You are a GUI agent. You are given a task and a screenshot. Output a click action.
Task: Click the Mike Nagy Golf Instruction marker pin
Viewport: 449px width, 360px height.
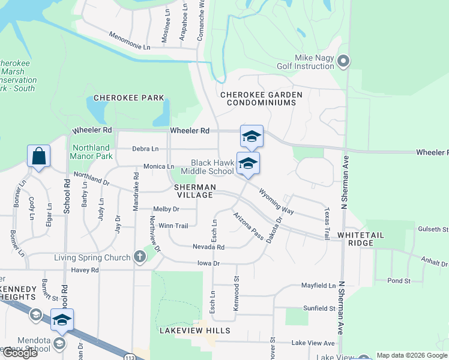pyautogui.click(x=343, y=61)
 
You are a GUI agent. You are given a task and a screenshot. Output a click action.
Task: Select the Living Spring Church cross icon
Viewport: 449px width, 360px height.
pyautogui.click(x=140, y=257)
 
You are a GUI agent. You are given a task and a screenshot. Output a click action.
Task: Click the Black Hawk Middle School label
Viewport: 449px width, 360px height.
pyautogui.click(x=212, y=167)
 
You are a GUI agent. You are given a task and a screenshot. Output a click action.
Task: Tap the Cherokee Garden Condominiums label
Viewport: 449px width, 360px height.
pyautogui.click(x=261, y=98)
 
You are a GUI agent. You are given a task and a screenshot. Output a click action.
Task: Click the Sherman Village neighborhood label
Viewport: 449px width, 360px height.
pyautogui.click(x=193, y=191)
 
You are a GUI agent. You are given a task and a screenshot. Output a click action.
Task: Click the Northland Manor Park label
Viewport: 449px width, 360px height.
pyautogui.click(x=92, y=152)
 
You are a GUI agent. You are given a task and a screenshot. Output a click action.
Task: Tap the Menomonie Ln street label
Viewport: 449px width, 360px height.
pyautogui.click(x=129, y=41)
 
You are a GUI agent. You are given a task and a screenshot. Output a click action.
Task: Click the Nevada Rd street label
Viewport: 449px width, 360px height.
pyautogui.click(x=208, y=247)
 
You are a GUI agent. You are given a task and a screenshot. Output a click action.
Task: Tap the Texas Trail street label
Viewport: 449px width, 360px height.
pyautogui.click(x=327, y=224)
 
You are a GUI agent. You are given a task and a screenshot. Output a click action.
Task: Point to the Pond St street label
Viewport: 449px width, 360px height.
pyautogui.click(x=399, y=280)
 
